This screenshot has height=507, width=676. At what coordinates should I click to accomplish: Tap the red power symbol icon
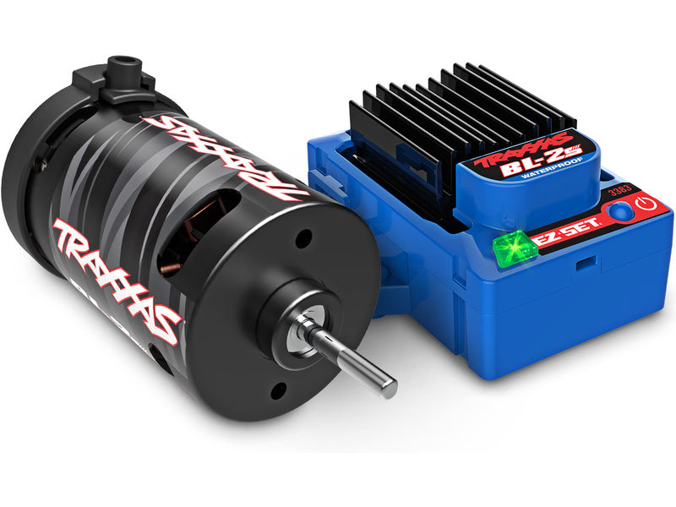pos(647,205)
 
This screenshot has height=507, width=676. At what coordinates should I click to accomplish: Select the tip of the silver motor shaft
pos(390,388)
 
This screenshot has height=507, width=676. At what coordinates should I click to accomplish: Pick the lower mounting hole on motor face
pos(275,390)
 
